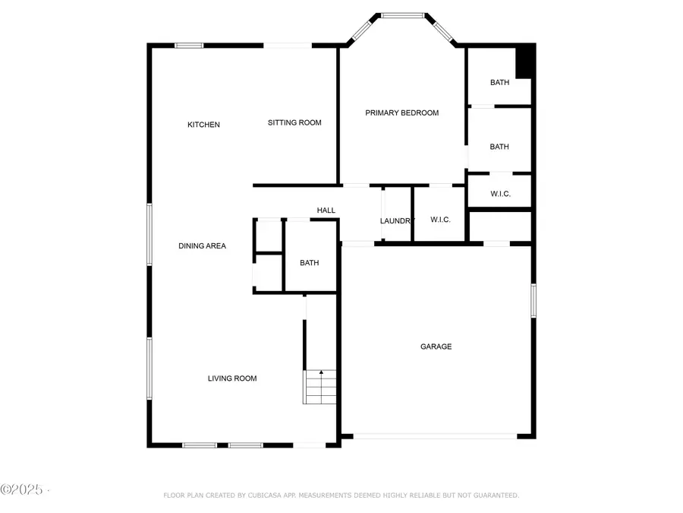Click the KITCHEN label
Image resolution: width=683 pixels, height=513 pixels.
[203, 125]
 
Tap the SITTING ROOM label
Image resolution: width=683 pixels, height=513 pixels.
[294, 122]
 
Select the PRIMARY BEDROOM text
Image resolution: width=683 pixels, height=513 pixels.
[401, 112]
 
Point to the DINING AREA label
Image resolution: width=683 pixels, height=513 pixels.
[202, 245]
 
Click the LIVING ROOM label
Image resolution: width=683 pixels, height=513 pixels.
[232, 378]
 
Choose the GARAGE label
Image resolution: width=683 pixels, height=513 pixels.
[436, 347]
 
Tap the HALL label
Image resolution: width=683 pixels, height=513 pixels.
[326, 211]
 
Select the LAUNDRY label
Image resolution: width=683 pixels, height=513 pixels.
[397, 221]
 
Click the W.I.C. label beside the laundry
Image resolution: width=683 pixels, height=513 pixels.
[440, 220]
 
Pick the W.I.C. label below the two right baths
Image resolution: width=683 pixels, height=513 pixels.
[500, 194]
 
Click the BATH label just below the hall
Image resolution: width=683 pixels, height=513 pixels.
[309, 263]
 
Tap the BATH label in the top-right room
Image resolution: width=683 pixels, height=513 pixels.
[499, 82]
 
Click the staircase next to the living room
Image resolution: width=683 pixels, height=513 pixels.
[319, 387]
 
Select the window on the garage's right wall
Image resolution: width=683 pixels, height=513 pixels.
[533, 300]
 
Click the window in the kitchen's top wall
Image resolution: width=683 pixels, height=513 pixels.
[189, 46]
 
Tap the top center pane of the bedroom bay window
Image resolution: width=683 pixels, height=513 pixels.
[402, 14]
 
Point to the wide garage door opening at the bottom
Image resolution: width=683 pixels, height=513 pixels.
[436, 436]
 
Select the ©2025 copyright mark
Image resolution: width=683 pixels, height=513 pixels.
[23, 488]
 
